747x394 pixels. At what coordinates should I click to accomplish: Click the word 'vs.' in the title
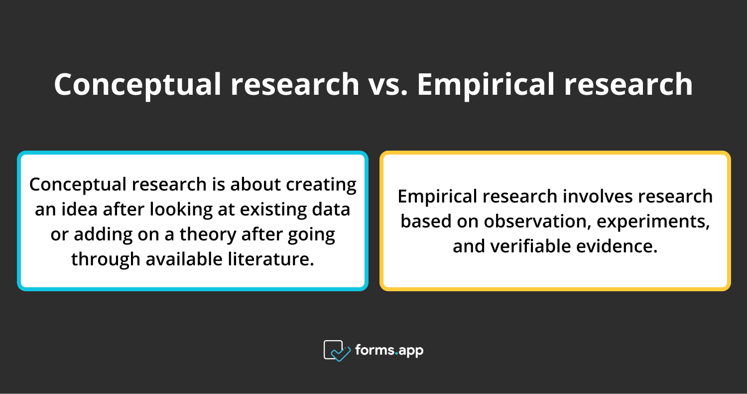tap(387, 84)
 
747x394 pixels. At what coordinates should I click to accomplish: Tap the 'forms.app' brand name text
tap(389, 350)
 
